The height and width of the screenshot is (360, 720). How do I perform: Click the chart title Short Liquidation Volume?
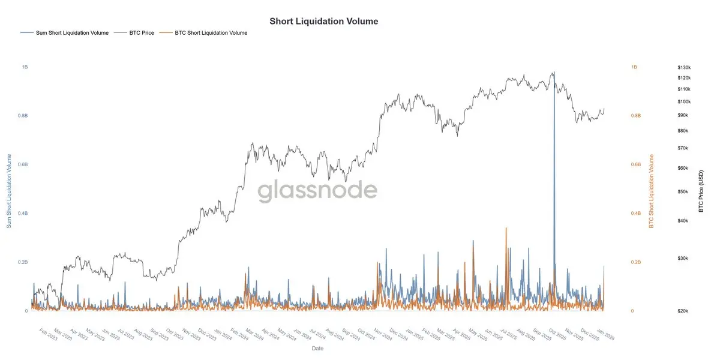(x=323, y=21)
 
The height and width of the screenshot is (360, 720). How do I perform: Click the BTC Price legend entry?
(x=142, y=33)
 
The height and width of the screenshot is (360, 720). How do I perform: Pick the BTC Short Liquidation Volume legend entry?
(x=211, y=33)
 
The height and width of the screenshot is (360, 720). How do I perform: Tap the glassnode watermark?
(x=317, y=191)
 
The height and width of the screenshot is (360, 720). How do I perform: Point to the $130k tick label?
(x=683, y=67)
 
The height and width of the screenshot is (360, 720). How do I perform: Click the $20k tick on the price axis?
(x=682, y=311)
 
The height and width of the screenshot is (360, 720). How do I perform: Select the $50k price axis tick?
(x=683, y=191)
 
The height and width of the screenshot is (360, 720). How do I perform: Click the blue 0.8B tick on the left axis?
(x=23, y=116)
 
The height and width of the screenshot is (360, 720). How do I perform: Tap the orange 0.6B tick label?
(x=635, y=164)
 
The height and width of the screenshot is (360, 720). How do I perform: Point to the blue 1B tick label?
(x=25, y=67)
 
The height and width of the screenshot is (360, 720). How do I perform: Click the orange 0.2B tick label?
(x=635, y=262)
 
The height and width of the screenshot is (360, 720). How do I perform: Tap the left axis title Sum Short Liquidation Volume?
(x=9, y=191)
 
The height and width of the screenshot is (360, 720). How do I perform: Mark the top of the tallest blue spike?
(x=554, y=73)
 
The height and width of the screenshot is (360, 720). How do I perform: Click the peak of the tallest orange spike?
(x=506, y=228)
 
